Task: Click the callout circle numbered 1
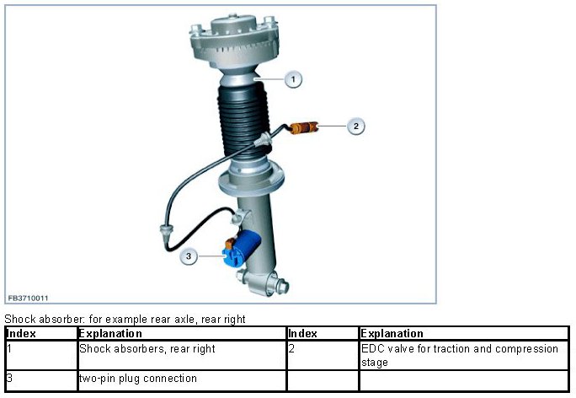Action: point(293,79)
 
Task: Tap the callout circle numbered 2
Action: point(355,126)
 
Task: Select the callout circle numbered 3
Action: point(189,256)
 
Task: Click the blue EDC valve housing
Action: point(242,247)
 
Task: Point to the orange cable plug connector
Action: point(304,127)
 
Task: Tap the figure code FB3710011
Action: point(29,298)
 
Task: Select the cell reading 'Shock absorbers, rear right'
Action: point(147,349)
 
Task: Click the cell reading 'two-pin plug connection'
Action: point(138,378)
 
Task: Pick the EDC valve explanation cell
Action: point(459,355)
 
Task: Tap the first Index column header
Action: point(22,334)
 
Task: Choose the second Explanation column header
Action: point(392,334)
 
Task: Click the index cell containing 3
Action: point(9,378)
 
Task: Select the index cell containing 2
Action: point(291,349)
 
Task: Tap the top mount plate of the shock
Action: point(234,40)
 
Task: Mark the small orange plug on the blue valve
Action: point(231,243)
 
